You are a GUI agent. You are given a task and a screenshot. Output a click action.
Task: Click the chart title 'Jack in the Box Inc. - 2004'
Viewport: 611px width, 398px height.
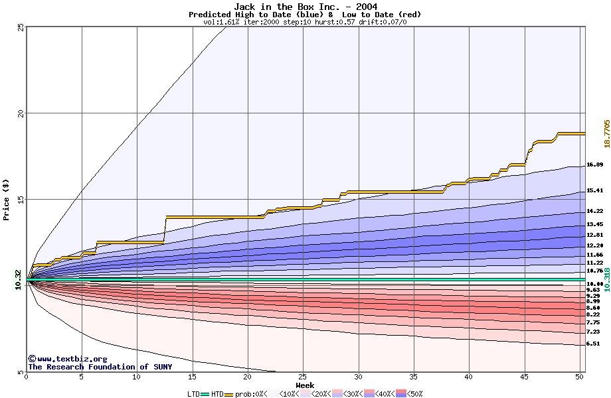click(305, 7)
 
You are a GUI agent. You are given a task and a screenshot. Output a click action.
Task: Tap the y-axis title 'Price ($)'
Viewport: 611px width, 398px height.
click(7, 199)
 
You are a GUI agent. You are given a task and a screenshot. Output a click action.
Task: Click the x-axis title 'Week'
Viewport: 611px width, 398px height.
click(305, 385)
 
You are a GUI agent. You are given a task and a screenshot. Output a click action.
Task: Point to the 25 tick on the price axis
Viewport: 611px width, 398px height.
click(21, 27)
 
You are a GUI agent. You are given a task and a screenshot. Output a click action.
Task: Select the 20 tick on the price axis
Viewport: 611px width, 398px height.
click(21, 113)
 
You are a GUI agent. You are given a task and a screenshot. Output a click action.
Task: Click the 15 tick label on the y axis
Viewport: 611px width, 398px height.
click(21, 199)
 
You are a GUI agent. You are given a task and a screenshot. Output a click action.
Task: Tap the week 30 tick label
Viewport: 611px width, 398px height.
click(358, 377)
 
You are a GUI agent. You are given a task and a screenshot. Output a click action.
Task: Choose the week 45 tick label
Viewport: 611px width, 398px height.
click(524, 377)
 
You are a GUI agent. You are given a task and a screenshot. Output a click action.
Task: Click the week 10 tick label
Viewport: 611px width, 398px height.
click(137, 377)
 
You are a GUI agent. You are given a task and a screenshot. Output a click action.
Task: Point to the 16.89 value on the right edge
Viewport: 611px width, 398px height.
click(594, 165)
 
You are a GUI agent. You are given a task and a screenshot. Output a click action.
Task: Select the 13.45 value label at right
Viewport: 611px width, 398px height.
click(594, 224)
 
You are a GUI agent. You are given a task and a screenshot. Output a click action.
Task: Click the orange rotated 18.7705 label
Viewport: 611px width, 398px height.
click(606, 134)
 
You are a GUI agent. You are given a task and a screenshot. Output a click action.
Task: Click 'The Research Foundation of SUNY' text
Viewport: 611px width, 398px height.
click(100, 367)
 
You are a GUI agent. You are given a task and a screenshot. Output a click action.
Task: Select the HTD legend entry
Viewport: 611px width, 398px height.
click(217, 394)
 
